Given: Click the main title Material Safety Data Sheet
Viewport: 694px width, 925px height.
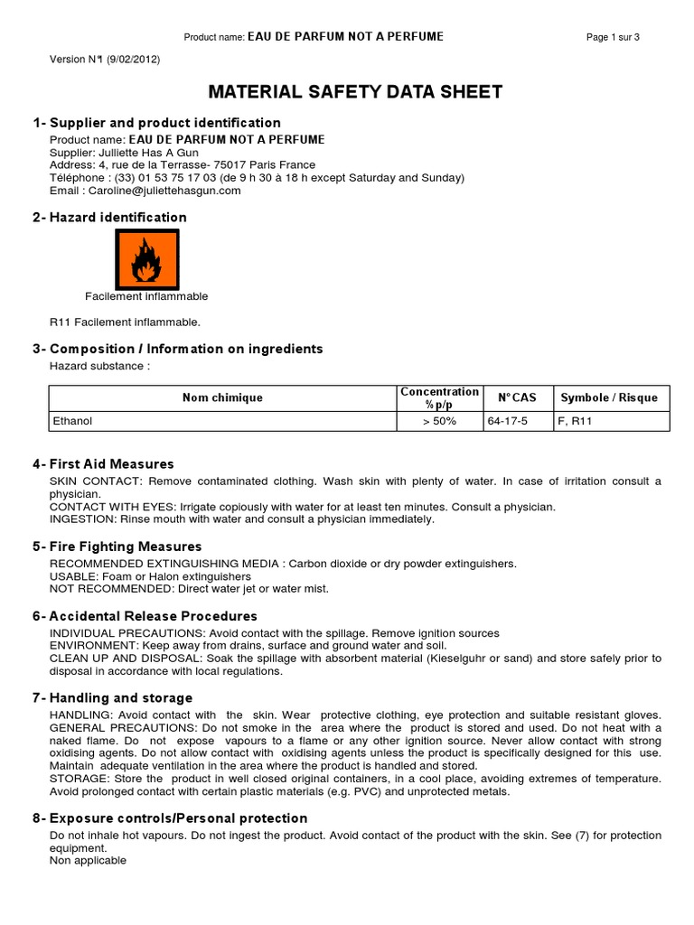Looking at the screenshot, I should [x=355, y=92].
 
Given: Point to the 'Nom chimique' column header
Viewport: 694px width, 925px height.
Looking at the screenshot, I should [x=222, y=397].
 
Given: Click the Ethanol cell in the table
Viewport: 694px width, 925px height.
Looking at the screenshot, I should [x=73, y=421].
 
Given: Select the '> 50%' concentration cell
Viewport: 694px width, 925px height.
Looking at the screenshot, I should [x=439, y=421].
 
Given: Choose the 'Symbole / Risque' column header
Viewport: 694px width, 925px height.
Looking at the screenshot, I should [x=609, y=397].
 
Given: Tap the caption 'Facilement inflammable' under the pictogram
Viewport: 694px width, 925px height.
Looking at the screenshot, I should [x=146, y=296].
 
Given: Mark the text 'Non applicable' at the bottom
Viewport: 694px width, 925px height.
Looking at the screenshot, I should [x=88, y=861].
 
